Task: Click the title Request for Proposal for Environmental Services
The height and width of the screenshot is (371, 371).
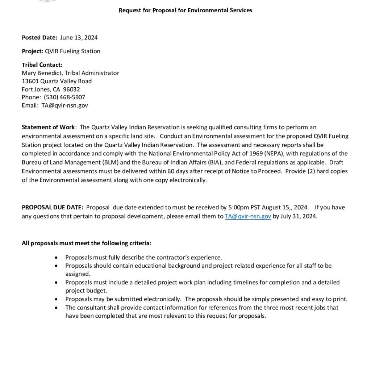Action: tap(185, 10)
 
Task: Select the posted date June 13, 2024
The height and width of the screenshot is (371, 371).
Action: tap(79, 37)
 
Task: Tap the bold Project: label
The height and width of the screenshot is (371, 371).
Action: tap(33, 51)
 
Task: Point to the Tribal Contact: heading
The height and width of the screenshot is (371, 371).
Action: tap(42, 65)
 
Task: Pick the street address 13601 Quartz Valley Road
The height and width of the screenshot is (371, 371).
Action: tap(57, 81)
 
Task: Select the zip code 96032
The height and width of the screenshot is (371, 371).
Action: tap(71, 89)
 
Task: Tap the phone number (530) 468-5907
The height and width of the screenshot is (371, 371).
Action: tap(64, 97)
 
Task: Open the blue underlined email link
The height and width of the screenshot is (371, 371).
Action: tap(248, 216)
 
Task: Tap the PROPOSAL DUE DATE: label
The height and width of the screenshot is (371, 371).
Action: tap(53, 207)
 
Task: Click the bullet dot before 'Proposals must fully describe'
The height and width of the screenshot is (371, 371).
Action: tap(56, 258)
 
